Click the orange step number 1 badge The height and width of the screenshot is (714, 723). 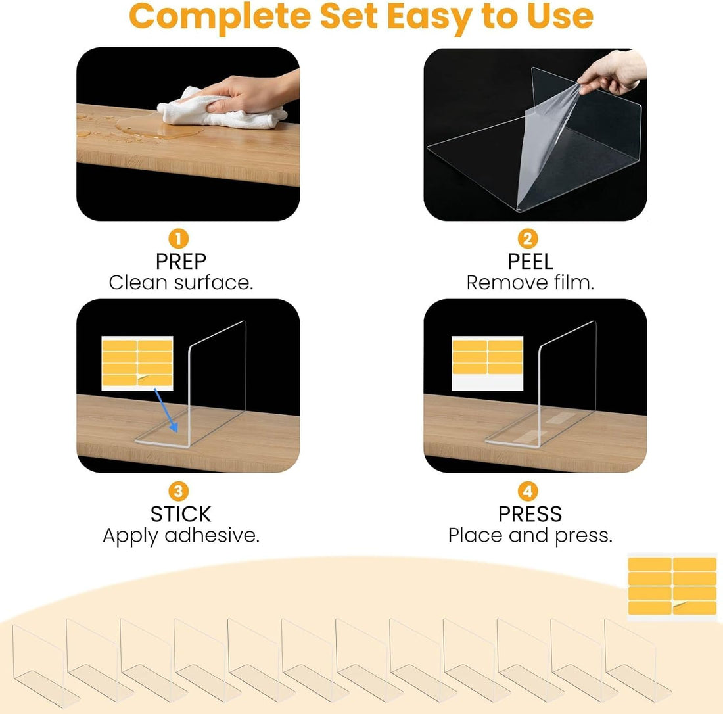pos(178,239)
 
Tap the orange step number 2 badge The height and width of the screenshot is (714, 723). pos(528,239)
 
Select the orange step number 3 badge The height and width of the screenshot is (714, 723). pos(178,491)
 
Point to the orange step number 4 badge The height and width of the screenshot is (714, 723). pos(528,491)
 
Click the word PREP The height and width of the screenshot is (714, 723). pos(181,262)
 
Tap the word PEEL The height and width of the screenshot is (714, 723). pos(530,262)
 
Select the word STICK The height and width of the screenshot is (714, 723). pos(181,514)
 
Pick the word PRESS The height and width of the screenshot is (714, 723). pos(530,514)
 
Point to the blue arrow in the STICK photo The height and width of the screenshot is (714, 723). pos(166,410)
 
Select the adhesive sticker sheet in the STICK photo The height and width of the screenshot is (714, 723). pos(137,363)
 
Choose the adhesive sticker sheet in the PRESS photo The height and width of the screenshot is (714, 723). pos(488,363)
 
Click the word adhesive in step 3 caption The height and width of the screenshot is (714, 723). pos(212,535)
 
